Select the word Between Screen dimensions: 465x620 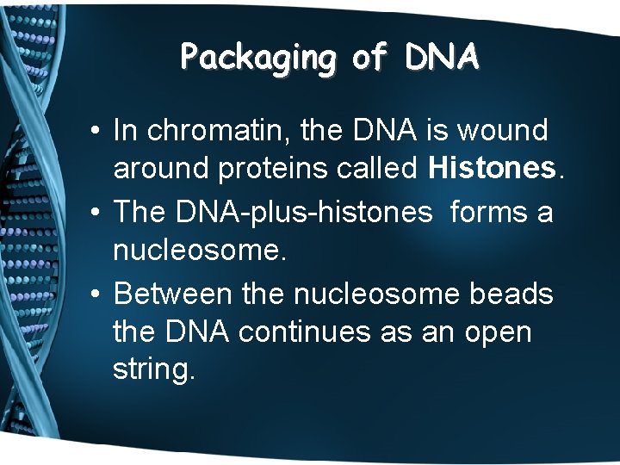(x=173, y=293)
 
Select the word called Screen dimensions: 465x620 (x=380, y=170)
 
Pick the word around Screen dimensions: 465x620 (x=161, y=170)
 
